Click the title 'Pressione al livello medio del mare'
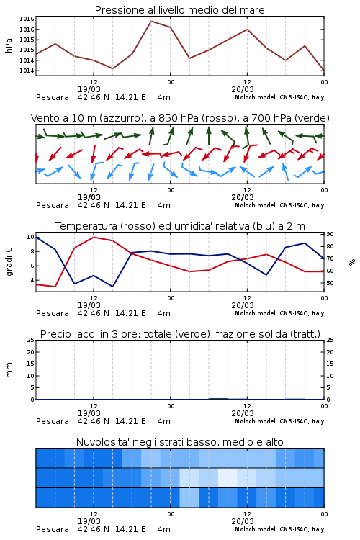tap(179, 10)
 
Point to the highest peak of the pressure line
tap(151, 21)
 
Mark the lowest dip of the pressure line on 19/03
tap(112, 68)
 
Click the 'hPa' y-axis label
tap(9, 45)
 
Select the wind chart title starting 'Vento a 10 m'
tap(180, 118)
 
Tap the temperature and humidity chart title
tap(180, 226)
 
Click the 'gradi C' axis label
tap(9, 262)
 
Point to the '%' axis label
tap(352, 262)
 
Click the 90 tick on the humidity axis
tap(330, 234)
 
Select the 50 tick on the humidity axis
tap(330, 283)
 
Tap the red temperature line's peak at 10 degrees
tap(94, 237)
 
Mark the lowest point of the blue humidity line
tap(112, 286)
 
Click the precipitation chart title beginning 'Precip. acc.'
tap(180, 334)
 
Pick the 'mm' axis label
tap(9, 370)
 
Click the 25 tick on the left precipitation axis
tap(31, 340)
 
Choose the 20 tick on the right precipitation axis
tap(330, 352)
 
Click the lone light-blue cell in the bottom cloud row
tap(189, 498)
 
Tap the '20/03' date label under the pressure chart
tap(243, 89)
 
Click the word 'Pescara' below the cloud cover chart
tap(53, 529)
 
